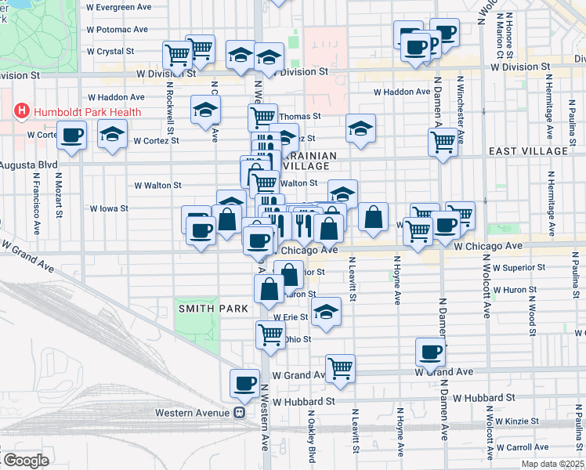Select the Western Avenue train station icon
pyautogui.click(x=241, y=413)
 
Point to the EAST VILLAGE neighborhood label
pyautogui.click(x=527, y=150)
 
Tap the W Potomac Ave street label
pyautogui.click(x=118, y=30)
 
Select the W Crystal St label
pyautogui.click(x=113, y=52)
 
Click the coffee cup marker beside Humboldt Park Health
pyautogui.click(x=72, y=136)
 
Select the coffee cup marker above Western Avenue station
pyautogui.click(x=244, y=383)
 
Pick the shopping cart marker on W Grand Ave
pyautogui.click(x=340, y=368)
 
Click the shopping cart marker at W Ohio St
pyautogui.click(x=269, y=334)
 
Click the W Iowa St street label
pyautogui.click(x=109, y=209)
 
